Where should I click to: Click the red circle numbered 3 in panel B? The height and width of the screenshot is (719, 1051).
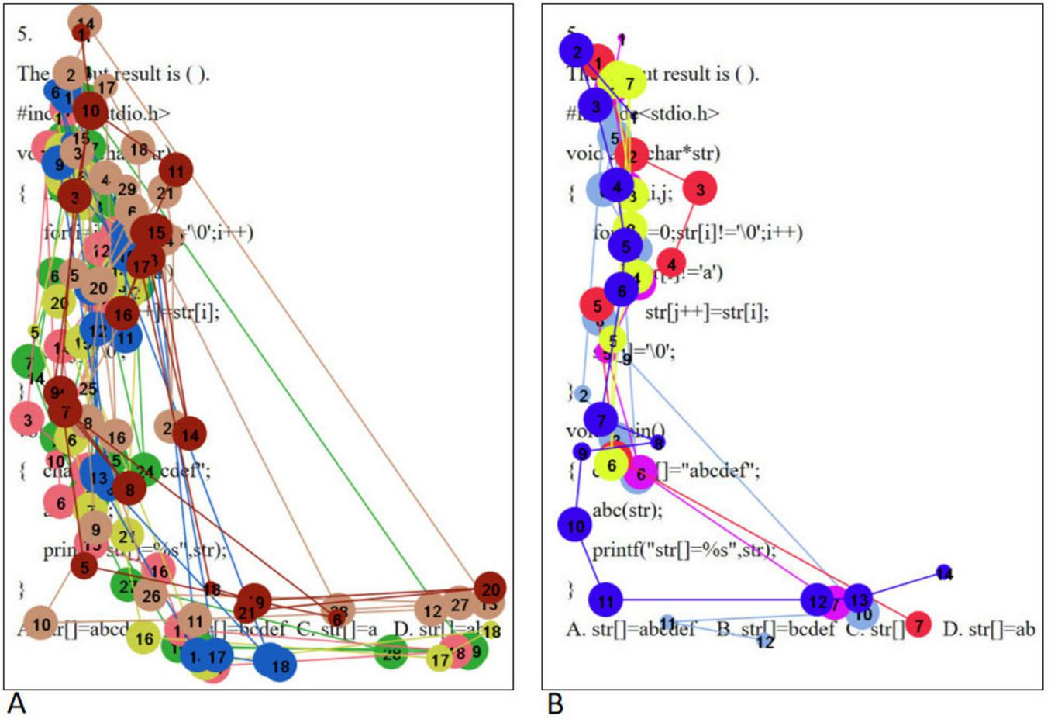pos(700,189)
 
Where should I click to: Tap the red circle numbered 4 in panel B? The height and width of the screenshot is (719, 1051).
pos(671,264)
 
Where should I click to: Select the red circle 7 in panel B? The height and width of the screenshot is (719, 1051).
pos(918,624)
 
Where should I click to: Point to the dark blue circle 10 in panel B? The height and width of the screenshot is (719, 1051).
pos(575,525)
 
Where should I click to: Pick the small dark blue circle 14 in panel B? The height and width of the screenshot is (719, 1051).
pos(943,573)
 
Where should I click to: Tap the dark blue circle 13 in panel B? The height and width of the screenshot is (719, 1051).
pos(859,599)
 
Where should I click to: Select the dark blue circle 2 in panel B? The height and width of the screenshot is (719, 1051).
pos(577,51)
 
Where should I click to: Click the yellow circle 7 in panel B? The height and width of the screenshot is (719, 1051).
pos(629,82)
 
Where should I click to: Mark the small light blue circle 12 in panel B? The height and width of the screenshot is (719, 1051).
pos(765,641)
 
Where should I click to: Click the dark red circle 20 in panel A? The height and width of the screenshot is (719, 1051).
pos(491,587)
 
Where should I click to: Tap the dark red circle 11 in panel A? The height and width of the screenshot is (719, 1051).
pos(176,171)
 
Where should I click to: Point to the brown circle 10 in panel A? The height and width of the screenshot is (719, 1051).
pos(41,624)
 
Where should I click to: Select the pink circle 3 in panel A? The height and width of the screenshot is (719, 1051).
pos(28,420)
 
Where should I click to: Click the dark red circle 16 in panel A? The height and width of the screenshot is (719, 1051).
pos(122,314)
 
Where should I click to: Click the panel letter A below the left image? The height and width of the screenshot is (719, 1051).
pos(17,703)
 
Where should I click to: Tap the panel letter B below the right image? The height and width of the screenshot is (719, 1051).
pos(555,703)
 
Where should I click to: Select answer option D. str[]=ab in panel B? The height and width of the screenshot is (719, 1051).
pos(988,628)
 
